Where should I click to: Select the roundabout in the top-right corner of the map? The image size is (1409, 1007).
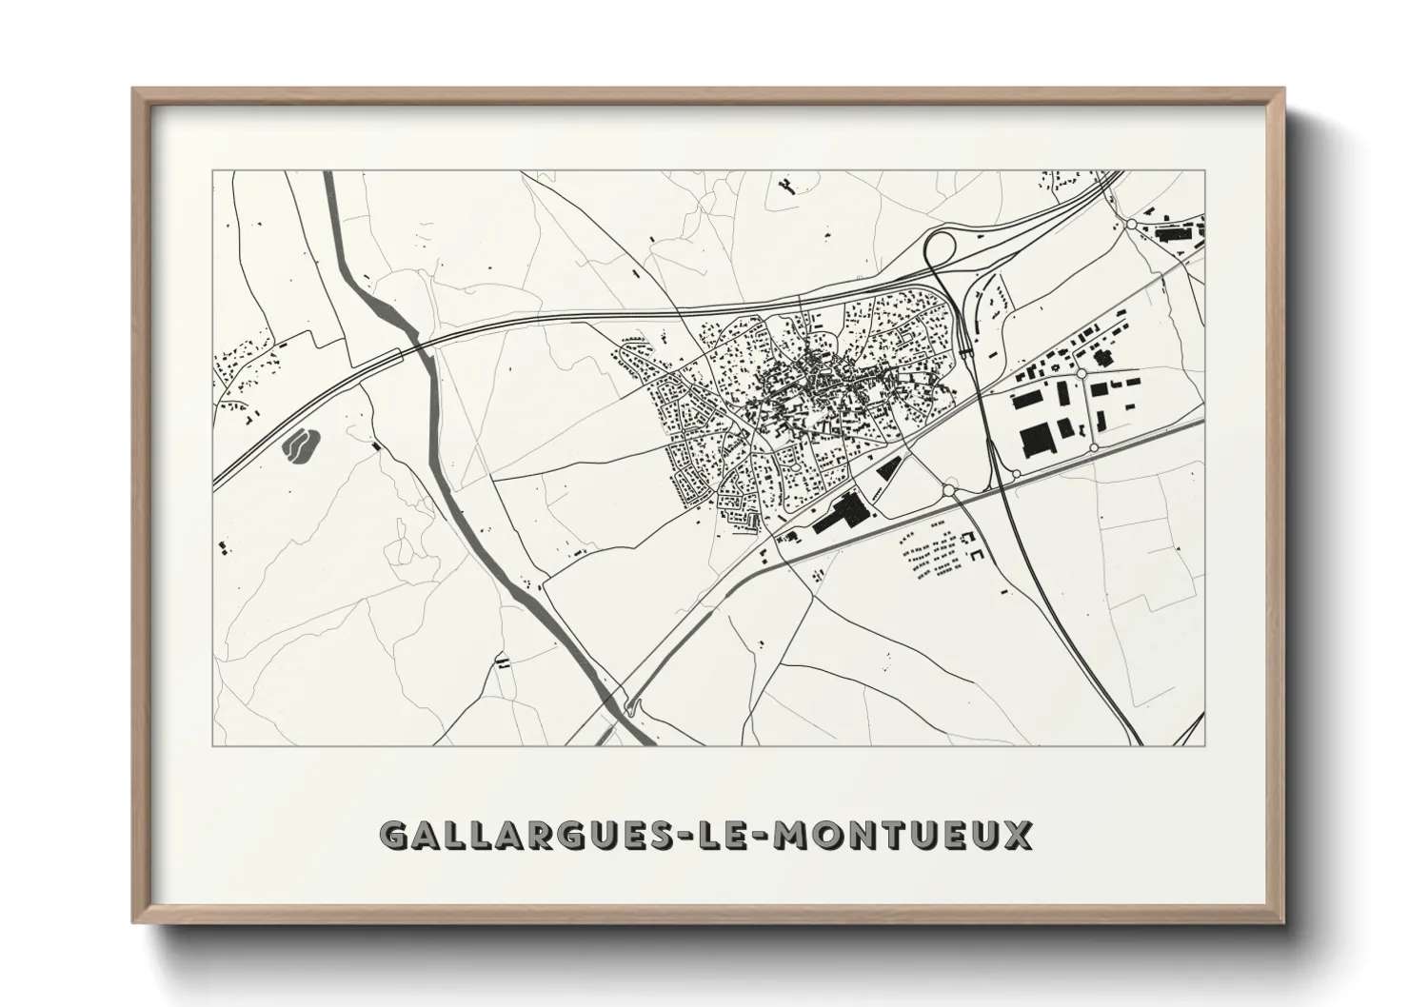click(1132, 225)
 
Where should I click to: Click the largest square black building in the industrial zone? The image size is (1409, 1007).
click(1036, 439)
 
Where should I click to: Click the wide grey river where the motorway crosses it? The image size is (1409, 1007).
click(416, 344)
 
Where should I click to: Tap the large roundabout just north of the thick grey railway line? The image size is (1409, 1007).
click(949, 489)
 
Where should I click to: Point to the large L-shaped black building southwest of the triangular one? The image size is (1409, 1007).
click(838, 514)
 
